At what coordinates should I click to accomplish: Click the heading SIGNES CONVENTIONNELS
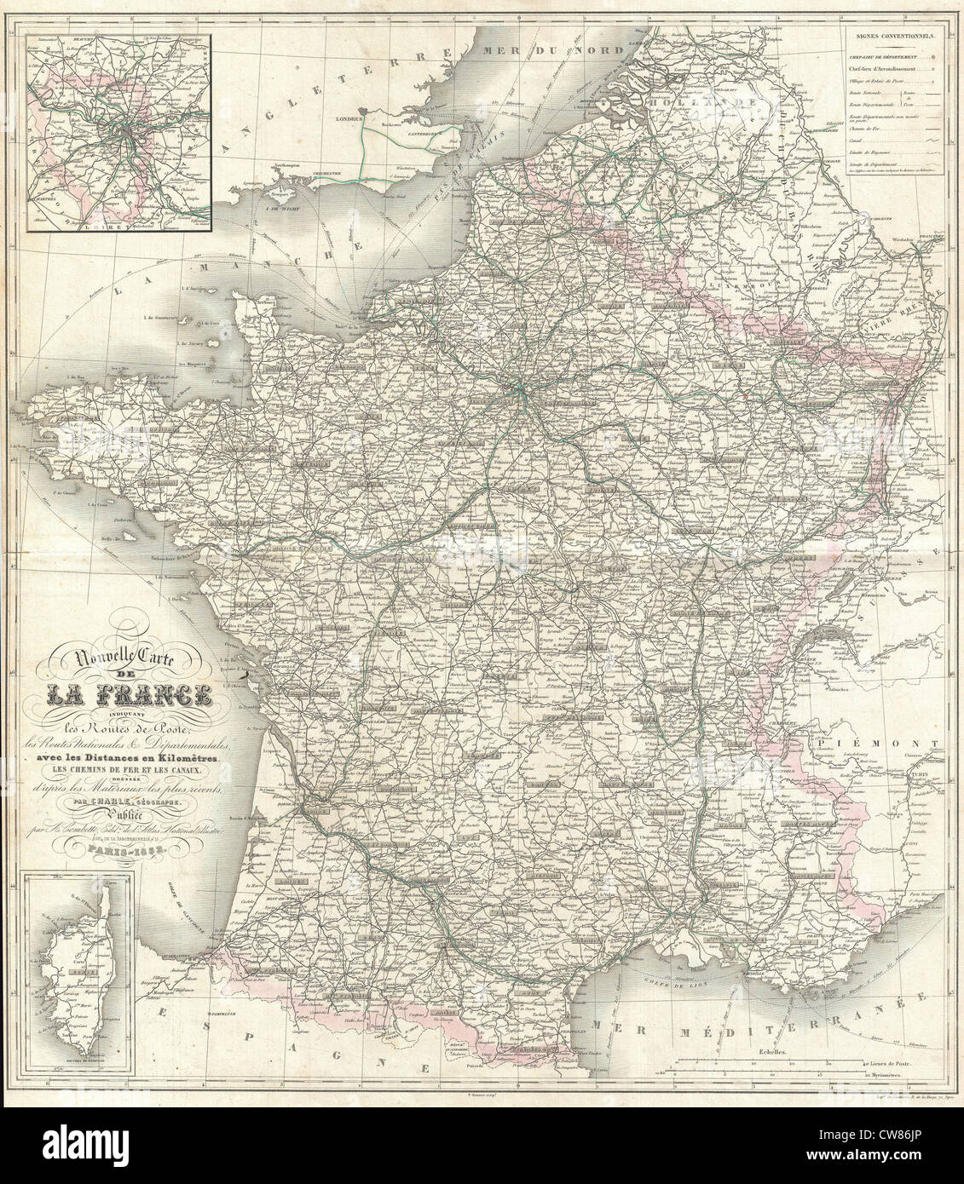click(892, 37)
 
